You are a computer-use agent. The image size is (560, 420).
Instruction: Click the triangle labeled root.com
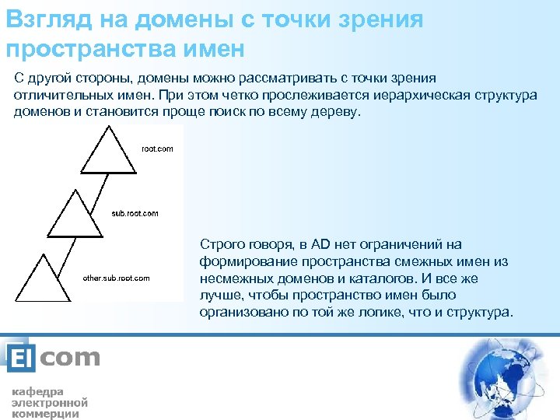pyautogui.click(x=110, y=152)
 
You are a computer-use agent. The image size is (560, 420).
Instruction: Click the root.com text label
pyautogui.click(x=157, y=149)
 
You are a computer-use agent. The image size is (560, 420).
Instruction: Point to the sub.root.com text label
pyautogui.click(x=135, y=212)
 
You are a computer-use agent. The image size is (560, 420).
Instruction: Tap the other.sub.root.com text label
pyautogui.click(x=116, y=278)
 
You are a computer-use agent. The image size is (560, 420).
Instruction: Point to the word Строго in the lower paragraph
pyautogui.click(x=220, y=245)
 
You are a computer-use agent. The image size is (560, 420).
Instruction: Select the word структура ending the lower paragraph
pyautogui.click(x=480, y=313)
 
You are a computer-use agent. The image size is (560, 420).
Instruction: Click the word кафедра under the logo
pyautogui.click(x=37, y=391)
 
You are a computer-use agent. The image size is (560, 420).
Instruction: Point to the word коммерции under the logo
pyautogui.click(x=45, y=414)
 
